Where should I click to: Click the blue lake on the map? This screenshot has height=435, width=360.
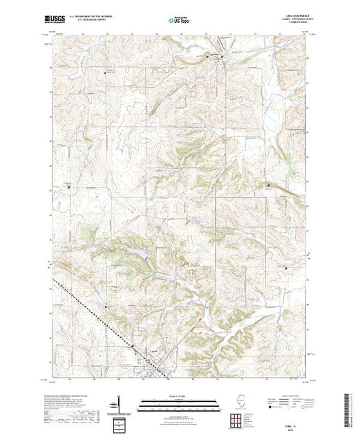coord(138,254)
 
